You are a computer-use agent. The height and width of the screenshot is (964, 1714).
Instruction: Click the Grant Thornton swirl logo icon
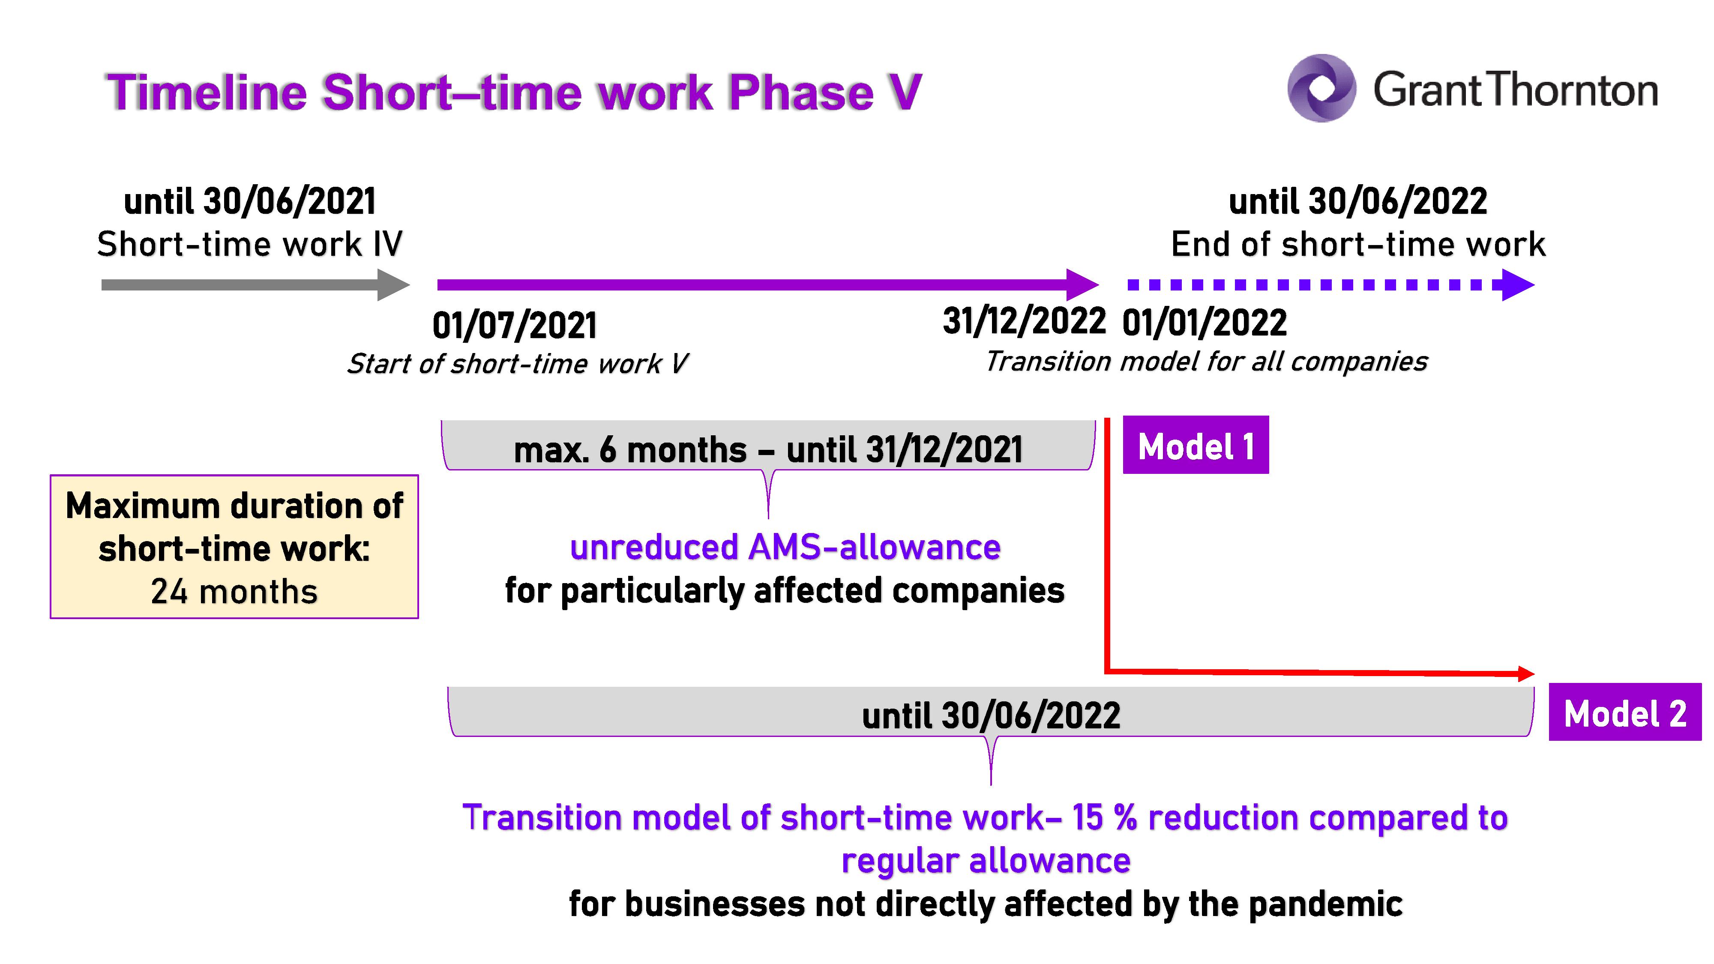click(1321, 88)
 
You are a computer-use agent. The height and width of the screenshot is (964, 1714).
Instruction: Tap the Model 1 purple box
click(1196, 445)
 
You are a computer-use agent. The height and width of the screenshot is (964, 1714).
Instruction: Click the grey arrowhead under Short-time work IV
click(393, 285)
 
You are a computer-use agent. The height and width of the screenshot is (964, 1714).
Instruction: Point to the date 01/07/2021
click(514, 325)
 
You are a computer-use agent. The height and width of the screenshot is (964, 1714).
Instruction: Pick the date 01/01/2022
click(1205, 323)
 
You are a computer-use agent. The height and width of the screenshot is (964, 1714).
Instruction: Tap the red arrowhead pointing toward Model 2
click(1526, 674)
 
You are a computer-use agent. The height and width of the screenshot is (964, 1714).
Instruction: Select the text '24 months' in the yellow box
click(234, 591)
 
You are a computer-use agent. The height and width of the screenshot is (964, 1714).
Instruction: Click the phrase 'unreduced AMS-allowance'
click(785, 548)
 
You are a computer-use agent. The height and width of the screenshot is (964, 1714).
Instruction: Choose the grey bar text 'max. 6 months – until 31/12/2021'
click(768, 450)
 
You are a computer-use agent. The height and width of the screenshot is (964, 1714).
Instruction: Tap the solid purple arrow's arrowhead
click(1082, 285)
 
